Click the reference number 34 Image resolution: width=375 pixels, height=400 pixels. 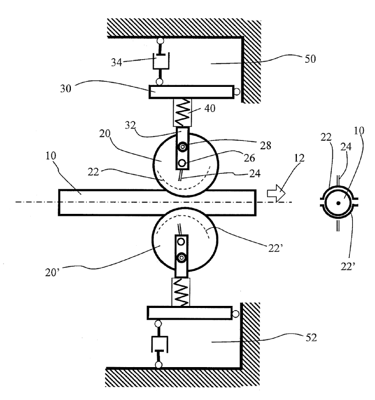[x=116, y=62]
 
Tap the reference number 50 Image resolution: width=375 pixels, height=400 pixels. [x=310, y=59]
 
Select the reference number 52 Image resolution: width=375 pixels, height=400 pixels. [x=311, y=338]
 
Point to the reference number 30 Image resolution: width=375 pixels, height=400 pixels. [x=66, y=88]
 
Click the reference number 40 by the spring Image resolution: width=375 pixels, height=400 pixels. [x=210, y=108]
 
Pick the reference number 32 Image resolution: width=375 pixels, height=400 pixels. [x=130, y=125]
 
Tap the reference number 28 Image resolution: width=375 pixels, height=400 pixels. [x=266, y=146]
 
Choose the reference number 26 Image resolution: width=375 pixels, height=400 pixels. [x=249, y=158]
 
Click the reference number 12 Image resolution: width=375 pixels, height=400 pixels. [x=299, y=158]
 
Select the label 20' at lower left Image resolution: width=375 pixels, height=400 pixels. [x=52, y=272]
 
